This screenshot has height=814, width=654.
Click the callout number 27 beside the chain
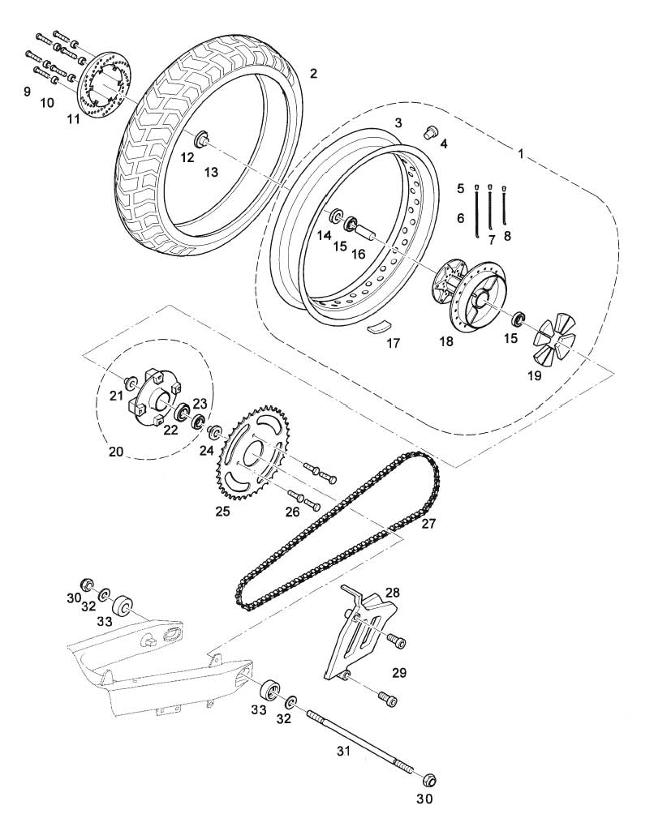click(428, 523)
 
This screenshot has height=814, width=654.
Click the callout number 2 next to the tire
click(313, 73)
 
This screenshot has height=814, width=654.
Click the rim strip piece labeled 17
click(380, 328)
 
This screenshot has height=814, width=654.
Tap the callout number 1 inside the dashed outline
click(521, 154)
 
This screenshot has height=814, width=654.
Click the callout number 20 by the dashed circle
click(116, 452)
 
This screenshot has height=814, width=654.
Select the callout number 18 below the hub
click(446, 341)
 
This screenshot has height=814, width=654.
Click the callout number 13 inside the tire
click(211, 172)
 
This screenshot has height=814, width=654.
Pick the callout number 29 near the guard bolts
click(399, 673)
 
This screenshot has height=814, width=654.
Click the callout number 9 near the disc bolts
click(27, 92)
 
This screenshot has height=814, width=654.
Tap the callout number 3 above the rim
click(398, 123)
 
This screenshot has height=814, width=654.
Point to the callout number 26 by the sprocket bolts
click(292, 512)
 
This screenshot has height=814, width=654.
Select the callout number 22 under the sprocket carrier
click(170, 430)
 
